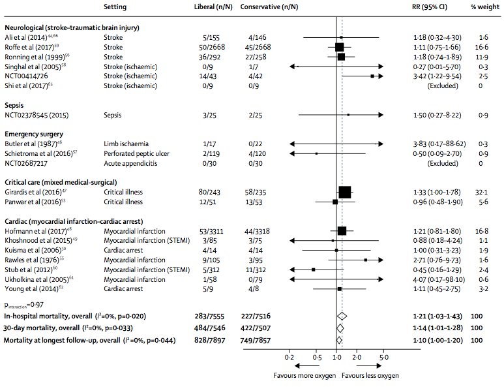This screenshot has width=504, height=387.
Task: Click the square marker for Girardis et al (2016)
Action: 345,192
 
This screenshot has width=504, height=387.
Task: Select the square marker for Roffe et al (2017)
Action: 339,47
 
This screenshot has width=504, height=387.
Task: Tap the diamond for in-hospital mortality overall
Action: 341,316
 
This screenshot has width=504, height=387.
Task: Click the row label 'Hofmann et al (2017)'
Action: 35,230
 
